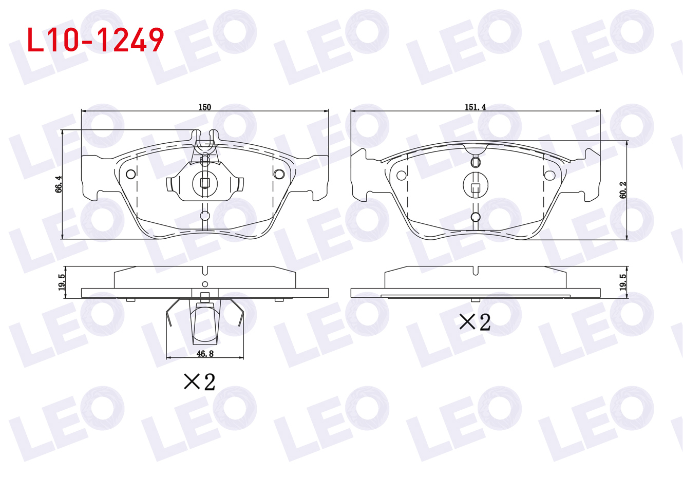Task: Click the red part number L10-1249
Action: (x=96, y=40)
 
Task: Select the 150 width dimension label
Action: (x=204, y=107)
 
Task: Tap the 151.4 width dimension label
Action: (x=475, y=107)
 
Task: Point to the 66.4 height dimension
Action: (x=59, y=184)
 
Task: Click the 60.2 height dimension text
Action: (x=622, y=190)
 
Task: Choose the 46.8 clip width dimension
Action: (x=205, y=354)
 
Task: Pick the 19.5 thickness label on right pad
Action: (x=622, y=282)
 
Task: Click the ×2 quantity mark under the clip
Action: (x=200, y=381)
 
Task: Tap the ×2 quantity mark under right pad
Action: (x=475, y=322)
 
